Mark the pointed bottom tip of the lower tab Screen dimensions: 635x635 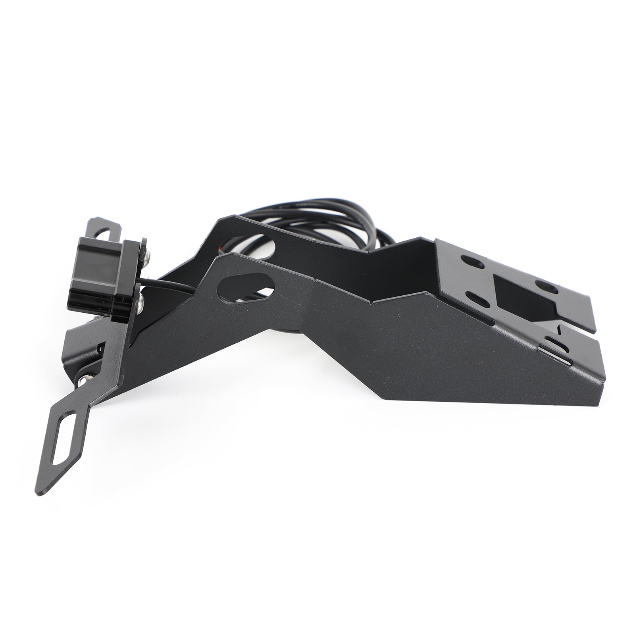(x=40, y=492)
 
